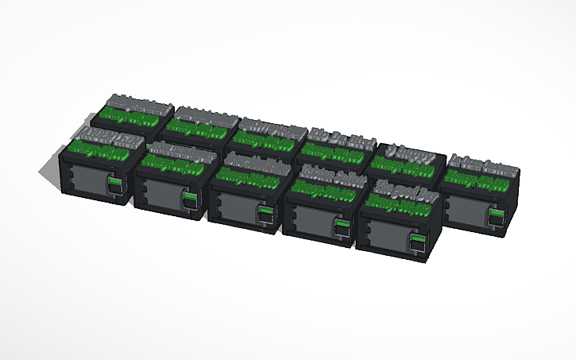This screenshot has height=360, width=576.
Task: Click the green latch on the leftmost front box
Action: pos(115,184)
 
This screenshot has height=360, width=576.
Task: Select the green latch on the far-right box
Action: pos(497,215)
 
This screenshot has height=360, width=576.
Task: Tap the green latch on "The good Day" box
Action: pos(417,238)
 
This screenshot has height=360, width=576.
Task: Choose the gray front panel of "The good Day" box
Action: pos(387,234)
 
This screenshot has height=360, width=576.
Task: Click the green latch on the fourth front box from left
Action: pos(342,226)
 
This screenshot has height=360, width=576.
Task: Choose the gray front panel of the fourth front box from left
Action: pos(311,219)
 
